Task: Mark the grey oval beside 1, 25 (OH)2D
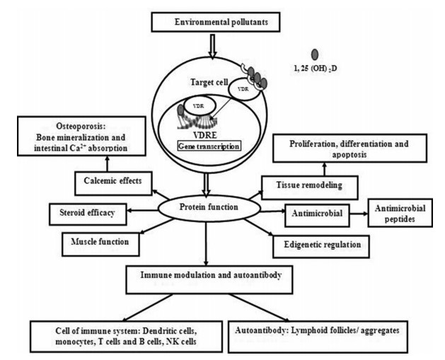[315, 54]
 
